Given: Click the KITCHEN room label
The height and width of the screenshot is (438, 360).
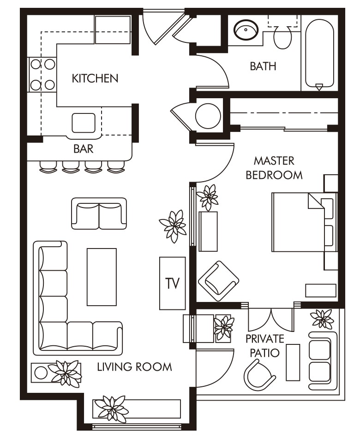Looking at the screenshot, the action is pyautogui.click(x=95, y=78).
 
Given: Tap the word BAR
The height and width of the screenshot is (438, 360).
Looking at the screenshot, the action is pyautogui.click(x=84, y=149).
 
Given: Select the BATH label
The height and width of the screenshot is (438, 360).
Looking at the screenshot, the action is pyautogui.click(x=263, y=66).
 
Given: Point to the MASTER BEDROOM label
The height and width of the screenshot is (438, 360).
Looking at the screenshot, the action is pyautogui.click(x=274, y=168).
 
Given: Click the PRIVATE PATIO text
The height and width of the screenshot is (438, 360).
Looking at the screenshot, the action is pyautogui.click(x=264, y=345).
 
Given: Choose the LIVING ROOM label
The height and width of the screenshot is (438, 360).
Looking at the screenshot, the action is pyautogui.click(x=135, y=367).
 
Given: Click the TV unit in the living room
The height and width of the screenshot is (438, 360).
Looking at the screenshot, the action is pyautogui.click(x=172, y=283).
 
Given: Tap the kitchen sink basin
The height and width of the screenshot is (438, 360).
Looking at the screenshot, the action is pyautogui.click(x=84, y=123).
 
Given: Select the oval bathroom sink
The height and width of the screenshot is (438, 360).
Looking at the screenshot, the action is pyautogui.click(x=246, y=30).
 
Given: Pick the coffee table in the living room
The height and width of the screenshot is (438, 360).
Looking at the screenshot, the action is pyautogui.click(x=102, y=277).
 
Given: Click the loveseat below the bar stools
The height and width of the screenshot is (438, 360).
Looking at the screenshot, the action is pyautogui.click(x=99, y=213).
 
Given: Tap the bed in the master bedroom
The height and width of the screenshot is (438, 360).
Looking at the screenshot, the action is pyautogui.click(x=304, y=222).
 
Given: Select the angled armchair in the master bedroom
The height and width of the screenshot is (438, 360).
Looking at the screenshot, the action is pyautogui.click(x=218, y=281).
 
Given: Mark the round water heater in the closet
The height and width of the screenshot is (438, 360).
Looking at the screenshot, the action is pyautogui.click(x=208, y=116).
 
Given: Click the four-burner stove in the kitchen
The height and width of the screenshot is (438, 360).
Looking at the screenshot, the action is pyautogui.click(x=42, y=75).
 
